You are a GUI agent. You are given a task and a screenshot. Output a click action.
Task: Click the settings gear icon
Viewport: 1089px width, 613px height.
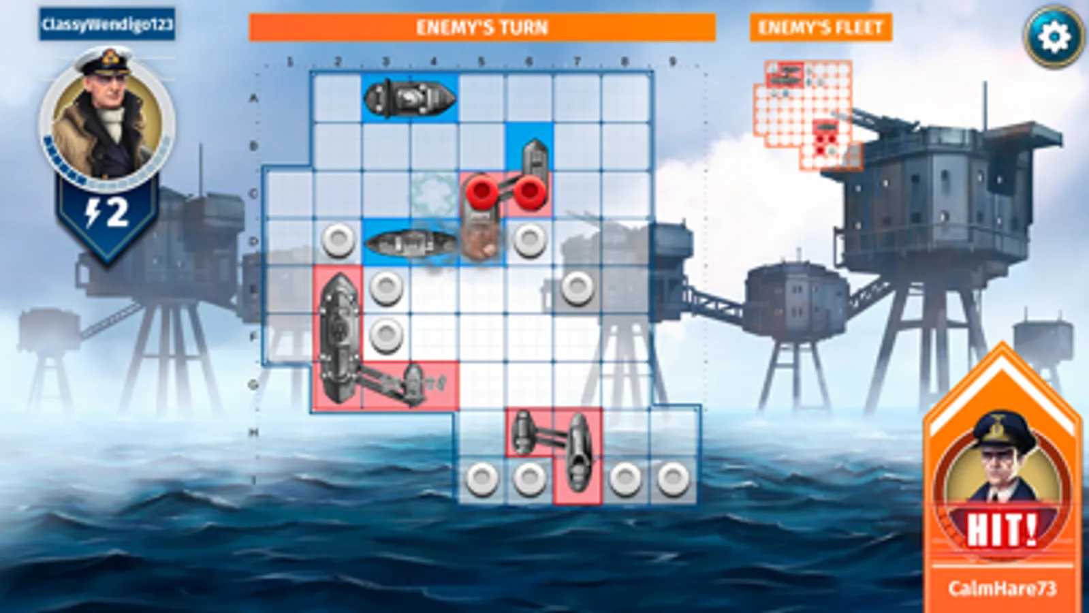pos(1053,37)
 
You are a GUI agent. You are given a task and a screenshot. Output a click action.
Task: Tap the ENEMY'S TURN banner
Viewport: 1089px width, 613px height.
pos(482,28)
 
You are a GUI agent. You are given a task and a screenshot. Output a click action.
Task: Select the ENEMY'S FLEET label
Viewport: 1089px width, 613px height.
pos(820,28)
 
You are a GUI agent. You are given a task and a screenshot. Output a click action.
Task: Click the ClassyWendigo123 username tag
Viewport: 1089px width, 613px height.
pos(107,25)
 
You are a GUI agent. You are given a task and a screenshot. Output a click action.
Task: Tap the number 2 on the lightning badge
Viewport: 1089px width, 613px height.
pos(117,213)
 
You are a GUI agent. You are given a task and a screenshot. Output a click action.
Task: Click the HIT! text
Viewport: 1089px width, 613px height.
pos(1002,529)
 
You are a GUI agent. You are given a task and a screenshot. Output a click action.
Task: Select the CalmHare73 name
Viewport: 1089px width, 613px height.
pos(1002,588)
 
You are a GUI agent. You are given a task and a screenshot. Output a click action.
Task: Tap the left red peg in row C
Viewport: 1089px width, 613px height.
pos(482,193)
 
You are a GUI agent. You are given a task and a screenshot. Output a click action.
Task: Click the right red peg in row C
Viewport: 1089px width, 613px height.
pos(530,193)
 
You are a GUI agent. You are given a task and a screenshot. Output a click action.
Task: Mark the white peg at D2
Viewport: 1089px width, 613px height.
pos(338,240)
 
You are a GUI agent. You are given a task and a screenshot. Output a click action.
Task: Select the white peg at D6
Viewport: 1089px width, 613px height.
pos(530,240)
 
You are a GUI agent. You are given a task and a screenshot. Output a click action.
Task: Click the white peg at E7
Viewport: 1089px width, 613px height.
pos(577,287)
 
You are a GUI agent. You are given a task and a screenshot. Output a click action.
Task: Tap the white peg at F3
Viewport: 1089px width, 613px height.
pos(386,334)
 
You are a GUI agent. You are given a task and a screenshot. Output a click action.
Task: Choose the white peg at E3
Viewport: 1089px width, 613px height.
pos(386,287)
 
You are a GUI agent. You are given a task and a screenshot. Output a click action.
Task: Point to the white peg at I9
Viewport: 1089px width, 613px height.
pos(673,479)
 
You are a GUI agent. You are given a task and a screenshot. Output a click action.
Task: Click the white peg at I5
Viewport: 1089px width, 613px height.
pos(482,479)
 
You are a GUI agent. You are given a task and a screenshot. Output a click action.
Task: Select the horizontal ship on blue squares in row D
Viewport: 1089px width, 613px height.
pos(410,242)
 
